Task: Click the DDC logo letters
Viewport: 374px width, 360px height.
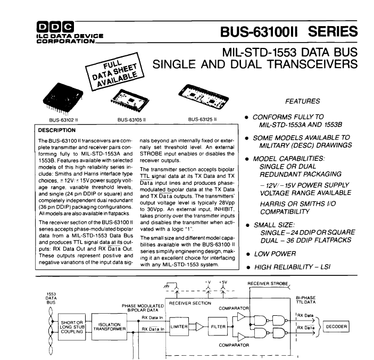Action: click(x=55, y=27)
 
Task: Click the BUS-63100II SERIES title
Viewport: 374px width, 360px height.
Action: click(x=289, y=31)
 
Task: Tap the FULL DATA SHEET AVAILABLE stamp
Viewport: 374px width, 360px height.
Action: click(x=115, y=71)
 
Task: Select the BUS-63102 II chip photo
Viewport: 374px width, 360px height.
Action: click(x=63, y=99)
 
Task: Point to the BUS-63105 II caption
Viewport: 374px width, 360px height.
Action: click(x=131, y=120)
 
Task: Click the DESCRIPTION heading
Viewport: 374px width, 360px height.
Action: click(x=57, y=130)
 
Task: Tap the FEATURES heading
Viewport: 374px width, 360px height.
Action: click(x=302, y=101)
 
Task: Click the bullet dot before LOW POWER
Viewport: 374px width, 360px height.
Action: click(x=248, y=255)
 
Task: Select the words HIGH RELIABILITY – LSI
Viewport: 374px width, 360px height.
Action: click(x=293, y=267)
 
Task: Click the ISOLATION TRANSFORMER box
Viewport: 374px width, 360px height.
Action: click(x=109, y=327)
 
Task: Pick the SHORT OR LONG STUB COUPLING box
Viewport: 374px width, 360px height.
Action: click(x=72, y=327)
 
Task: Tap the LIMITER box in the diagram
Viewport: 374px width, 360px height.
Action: click(x=179, y=326)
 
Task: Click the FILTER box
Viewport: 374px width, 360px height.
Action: click(x=218, y=326)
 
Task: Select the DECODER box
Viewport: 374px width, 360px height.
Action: click(x=336, y=326)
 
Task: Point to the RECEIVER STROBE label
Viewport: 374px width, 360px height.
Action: click(x=268, y=284)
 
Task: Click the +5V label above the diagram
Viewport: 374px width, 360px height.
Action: click(x=223, y=282)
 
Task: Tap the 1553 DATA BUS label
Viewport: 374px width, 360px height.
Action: click(x=51, y=298)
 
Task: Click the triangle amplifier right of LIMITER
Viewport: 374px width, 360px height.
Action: click(x=200, y=326)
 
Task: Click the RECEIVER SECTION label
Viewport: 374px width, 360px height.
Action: click(x=190, y=303)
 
